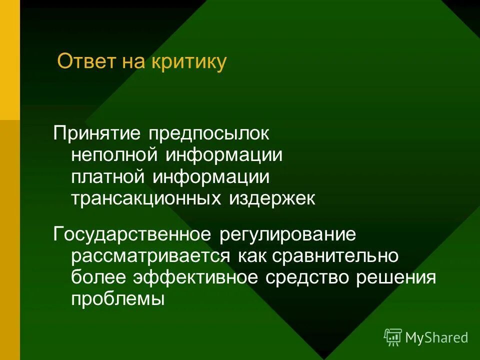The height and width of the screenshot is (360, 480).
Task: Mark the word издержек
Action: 272,198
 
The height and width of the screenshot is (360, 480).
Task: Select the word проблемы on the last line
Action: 117,299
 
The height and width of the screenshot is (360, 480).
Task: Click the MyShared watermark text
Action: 436,338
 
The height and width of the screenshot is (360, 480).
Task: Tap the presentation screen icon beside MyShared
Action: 393,337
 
